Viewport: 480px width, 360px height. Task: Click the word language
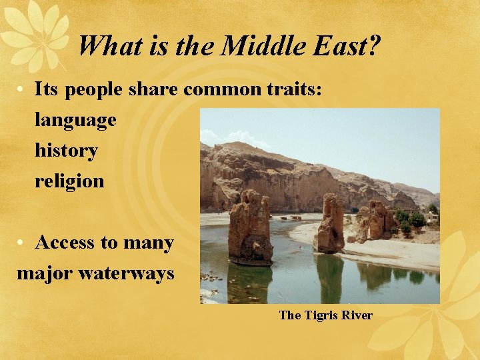[x=75, y=120]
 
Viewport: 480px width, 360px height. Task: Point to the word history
[x=66, y=151]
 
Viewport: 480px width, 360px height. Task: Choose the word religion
[x=69, y=181]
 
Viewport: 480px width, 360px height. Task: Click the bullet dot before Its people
[x=23, y=90]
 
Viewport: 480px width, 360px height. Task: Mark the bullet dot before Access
[x=23, y=243]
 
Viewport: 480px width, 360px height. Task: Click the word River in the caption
[x=357, y=315]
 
